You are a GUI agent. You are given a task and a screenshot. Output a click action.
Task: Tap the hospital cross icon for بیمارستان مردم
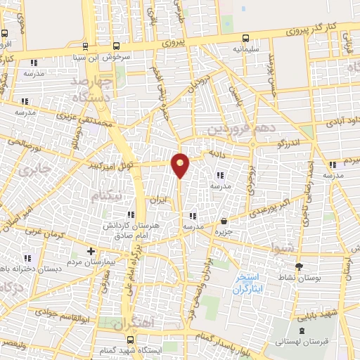[x=90, y=250]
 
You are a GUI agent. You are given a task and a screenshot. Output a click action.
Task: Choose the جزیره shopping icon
[x=224, y=220]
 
